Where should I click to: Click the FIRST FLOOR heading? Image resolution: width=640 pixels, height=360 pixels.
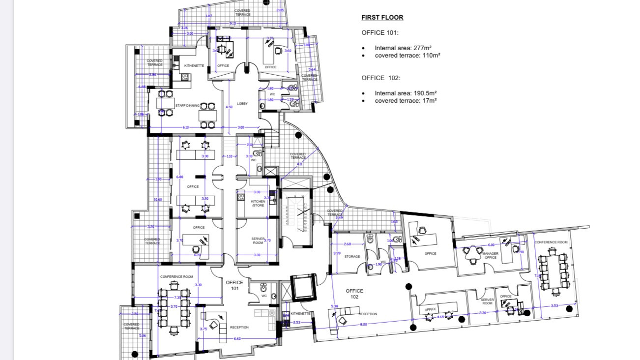point(382,18)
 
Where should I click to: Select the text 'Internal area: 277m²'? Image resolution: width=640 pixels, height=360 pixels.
point(403,48)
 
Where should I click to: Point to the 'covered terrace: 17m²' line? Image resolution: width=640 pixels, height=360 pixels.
point(406,101)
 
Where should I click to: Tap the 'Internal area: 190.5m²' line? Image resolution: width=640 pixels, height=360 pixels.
point(406,93)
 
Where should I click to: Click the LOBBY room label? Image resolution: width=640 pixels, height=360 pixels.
point(242,104)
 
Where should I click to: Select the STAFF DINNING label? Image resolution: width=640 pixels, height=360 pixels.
point(187,106)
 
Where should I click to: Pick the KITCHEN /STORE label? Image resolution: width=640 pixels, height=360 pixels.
point(258,203)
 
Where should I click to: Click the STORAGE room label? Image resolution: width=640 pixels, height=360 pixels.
point(352,257)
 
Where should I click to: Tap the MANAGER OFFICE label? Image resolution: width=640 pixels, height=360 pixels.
point(490,256)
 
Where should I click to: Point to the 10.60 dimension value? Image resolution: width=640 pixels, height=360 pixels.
point(158,200)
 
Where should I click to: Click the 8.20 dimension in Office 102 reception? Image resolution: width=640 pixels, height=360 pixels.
point(363,325)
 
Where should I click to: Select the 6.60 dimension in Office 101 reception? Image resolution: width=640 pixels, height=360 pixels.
point(237,339)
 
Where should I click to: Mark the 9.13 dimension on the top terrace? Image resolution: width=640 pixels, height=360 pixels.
point(233,24)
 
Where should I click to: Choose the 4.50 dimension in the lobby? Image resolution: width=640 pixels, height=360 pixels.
point(229,107)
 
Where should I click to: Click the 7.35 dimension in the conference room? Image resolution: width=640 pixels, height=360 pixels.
point(177,298)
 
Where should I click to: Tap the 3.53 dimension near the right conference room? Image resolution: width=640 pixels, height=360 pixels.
point(554,306)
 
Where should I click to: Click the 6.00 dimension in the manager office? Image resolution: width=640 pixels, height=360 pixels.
point(491,245)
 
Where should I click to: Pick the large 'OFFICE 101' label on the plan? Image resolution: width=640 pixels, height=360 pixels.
point(234,286)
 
